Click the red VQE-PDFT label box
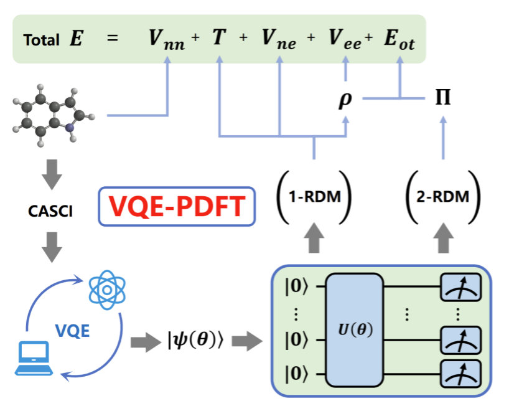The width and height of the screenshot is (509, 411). pyautogui.click(x=177, y=206)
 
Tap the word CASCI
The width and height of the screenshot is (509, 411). pyautogui.click(x=51, y=212)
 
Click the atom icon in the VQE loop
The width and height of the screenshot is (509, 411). pyautogui.click(x=107, y=288)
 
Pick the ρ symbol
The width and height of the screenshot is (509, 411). pyautogui.click(x=345, y=99)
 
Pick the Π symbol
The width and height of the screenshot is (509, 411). pyautogui.click(x=443, y=98)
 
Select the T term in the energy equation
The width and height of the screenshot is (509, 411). pyautogui.click(x=218, y=39)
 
